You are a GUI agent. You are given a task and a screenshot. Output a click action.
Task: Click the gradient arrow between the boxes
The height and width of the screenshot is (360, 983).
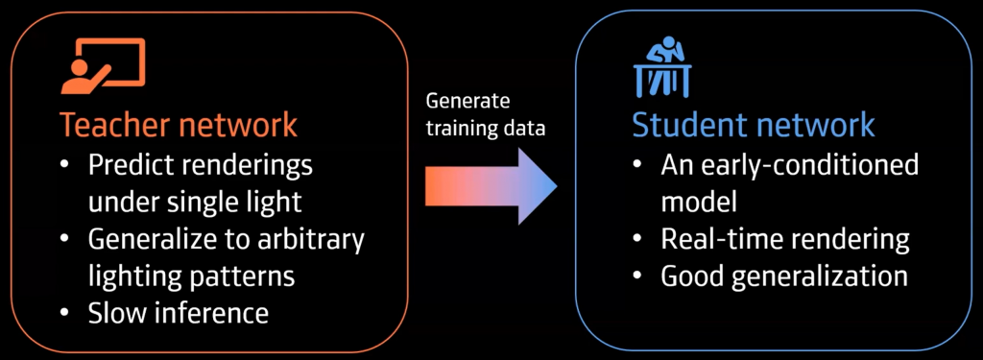point(489,184)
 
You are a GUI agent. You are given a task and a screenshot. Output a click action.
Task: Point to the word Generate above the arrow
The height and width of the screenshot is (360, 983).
point(468,102)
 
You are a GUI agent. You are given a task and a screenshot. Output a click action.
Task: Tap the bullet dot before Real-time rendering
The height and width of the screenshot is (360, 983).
point(637,240)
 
